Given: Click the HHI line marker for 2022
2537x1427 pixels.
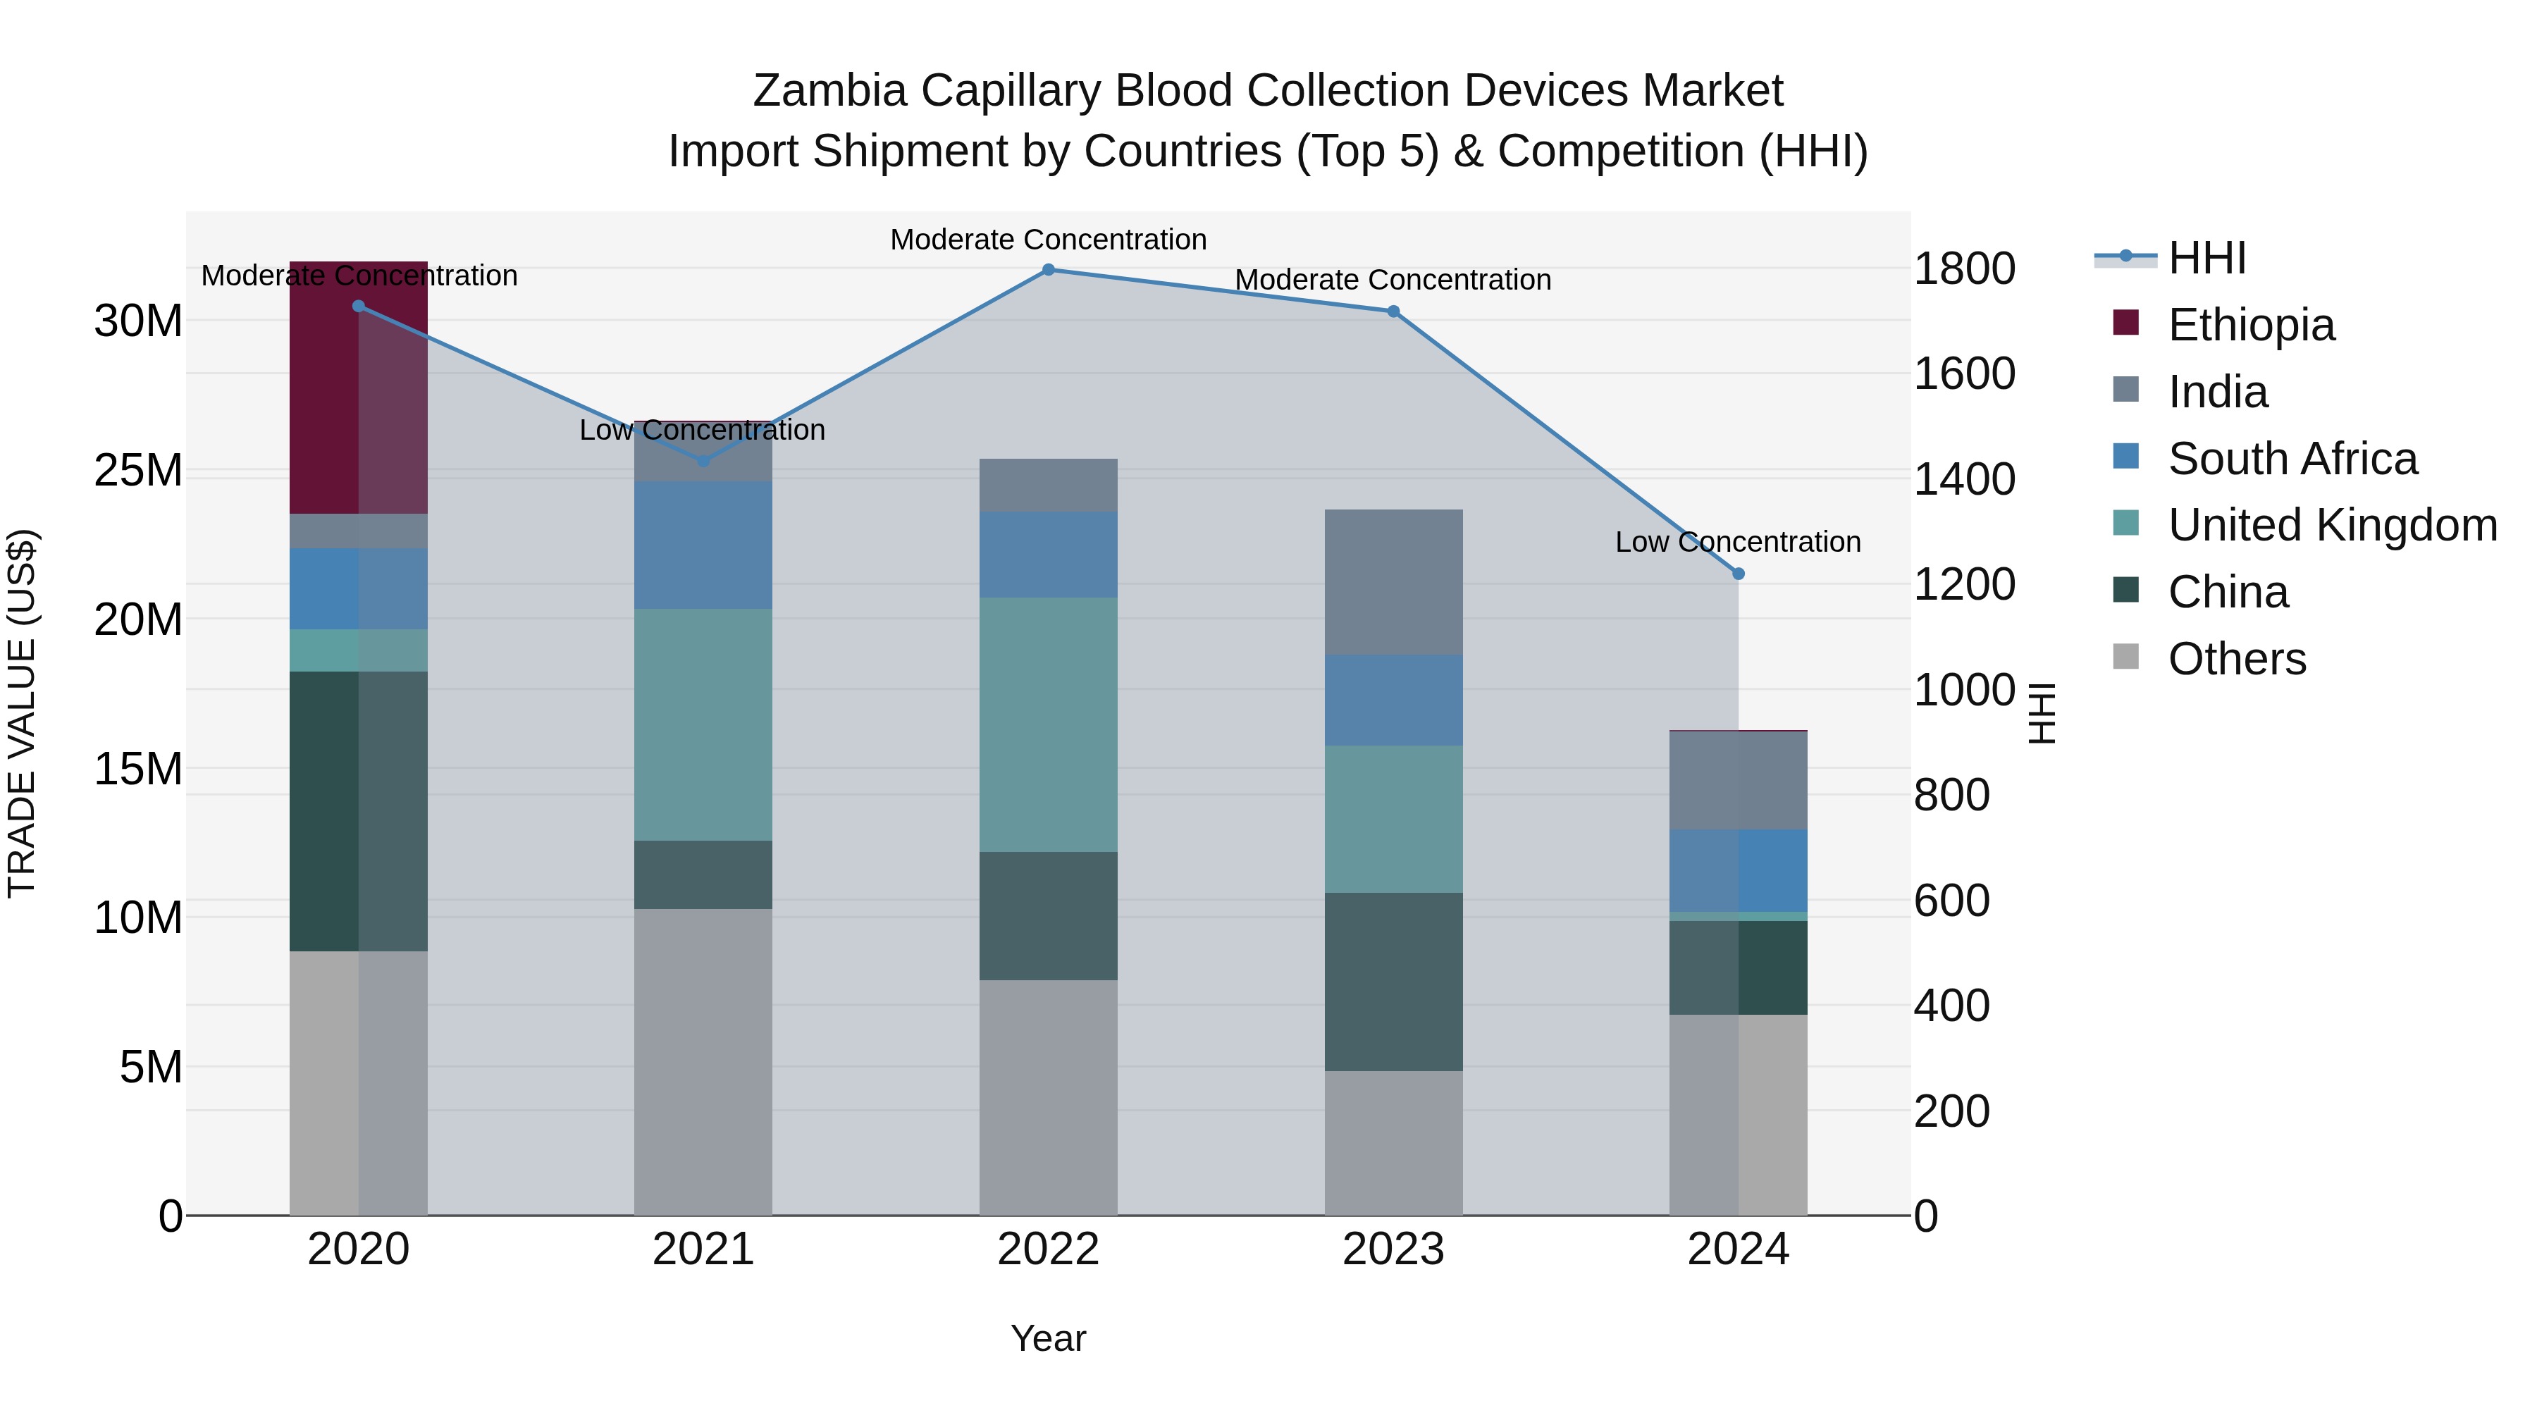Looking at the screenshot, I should coord(1048,270).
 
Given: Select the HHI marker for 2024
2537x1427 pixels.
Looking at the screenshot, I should coord(1739,573).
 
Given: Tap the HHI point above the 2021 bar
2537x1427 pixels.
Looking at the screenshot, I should coord(703,461).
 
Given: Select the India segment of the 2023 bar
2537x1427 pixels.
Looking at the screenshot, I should coord(1393,582).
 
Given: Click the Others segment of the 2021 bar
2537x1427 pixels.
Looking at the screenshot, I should coord(703,1062).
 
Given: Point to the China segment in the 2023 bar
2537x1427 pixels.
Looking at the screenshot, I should coord(1393,981).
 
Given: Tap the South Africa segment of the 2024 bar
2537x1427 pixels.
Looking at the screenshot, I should coord(1739,870).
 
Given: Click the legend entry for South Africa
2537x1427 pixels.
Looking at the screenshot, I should coord(2292,459).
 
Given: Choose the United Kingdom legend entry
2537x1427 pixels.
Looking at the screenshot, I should coord(2331,525).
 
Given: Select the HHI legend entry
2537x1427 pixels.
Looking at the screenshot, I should coord(2206,258).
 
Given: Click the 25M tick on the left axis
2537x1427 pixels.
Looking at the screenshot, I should coord(139,471).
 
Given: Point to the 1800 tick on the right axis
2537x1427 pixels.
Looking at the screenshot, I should coord(1964,269).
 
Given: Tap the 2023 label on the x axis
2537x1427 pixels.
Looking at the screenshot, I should coord(1393,1249).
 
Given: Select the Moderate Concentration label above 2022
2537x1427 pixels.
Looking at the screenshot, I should coord(1048,240).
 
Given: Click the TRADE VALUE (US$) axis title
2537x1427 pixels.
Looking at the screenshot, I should coord(22,713).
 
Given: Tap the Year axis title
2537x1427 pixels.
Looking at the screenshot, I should coord(1048,1338).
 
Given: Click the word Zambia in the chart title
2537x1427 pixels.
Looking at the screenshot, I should coord(829,91).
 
